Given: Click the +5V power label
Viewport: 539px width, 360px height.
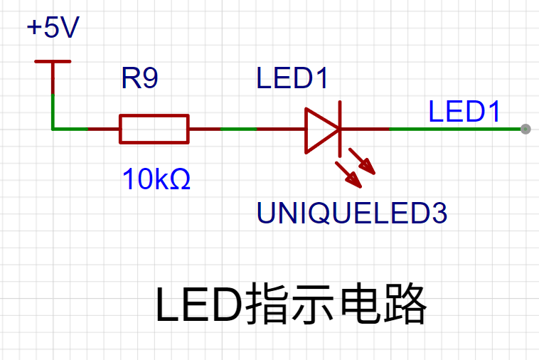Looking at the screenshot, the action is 53,27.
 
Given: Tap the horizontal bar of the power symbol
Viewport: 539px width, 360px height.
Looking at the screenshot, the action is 53,62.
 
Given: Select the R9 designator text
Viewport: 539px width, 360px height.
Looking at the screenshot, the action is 139,78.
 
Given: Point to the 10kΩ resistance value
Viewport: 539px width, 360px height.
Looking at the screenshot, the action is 156,179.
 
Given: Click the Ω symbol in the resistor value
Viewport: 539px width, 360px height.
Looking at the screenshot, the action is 180,179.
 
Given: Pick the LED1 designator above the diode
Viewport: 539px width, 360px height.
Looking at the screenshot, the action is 292,78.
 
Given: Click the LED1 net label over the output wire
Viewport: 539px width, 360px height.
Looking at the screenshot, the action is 464,112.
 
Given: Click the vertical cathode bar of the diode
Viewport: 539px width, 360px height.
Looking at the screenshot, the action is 340,129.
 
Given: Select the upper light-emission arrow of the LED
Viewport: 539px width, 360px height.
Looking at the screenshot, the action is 362,162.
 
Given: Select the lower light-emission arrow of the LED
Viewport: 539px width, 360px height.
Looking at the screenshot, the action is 348,175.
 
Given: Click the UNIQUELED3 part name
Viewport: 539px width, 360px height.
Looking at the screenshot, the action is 352,213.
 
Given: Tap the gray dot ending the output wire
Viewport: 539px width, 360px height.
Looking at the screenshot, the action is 525,129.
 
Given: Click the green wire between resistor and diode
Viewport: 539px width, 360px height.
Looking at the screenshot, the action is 238,129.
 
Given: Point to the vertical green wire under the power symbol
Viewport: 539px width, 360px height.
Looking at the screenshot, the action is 53,112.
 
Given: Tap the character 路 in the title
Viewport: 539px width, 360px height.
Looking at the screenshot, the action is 405,304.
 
